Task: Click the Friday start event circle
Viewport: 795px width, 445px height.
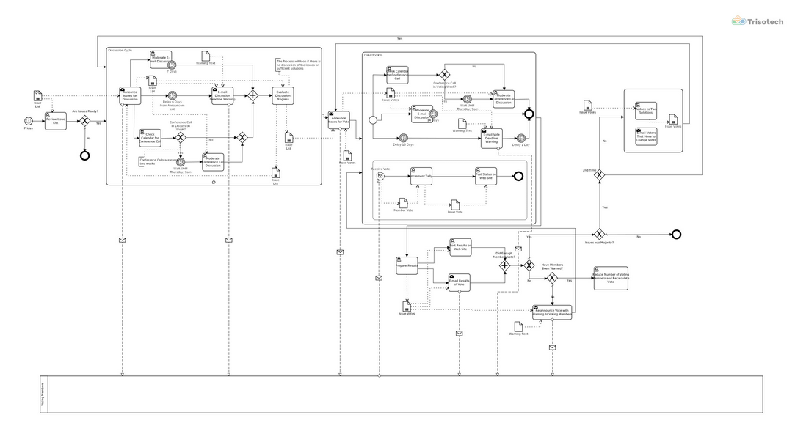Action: click(29, 121)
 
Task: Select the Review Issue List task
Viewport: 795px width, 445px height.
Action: click(56, 121)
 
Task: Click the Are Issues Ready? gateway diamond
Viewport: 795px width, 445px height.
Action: click(84, 121)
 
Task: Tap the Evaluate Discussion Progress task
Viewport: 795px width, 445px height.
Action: click(283, 95)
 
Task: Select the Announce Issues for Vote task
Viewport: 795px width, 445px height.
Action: click(339, 119)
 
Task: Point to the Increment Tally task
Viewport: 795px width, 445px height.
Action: click(421, 176)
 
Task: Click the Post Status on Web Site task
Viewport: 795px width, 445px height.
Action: click(485, 176)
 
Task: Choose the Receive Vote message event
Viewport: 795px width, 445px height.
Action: click(380, 176)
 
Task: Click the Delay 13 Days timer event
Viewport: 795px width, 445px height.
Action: click(402, 137)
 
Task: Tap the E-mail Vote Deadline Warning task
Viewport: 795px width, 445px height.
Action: click(491, 138)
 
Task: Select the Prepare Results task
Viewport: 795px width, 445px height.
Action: click(407, 266)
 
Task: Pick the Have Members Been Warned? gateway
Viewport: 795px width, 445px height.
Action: click(552, 279)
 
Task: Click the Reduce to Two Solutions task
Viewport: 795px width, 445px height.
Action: click(645, 110)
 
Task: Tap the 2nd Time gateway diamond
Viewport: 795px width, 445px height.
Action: click(599, 174)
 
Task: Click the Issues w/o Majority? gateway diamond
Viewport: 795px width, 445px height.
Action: click(599, 234)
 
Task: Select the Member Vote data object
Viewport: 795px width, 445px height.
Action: click(403, 202)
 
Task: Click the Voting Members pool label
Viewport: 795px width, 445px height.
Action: click(43, 394)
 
